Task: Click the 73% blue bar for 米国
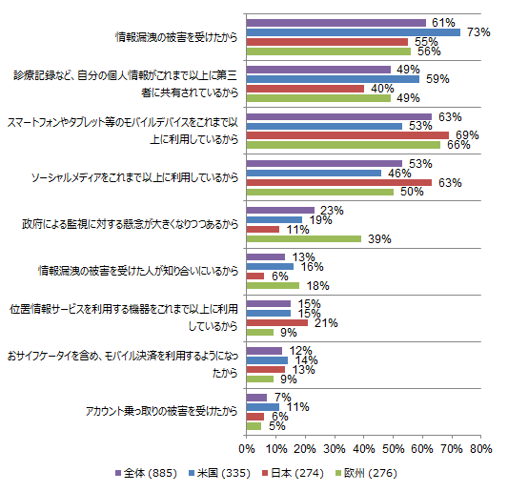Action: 354,32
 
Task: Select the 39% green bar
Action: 304,239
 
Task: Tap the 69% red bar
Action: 348,135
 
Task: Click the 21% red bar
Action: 277,323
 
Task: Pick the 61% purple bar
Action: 336,23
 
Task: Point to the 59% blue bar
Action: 333,79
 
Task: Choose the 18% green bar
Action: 273,285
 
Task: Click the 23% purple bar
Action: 280,210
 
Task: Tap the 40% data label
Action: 382,89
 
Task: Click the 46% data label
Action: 399,174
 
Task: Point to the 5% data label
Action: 277,426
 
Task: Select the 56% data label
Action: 429,51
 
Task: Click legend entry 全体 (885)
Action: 146,473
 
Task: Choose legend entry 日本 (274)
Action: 293,473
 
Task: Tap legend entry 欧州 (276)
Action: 366,473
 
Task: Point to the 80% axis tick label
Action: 481,448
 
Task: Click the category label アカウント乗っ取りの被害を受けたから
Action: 162,411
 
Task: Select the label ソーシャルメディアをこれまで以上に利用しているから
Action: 134,177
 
